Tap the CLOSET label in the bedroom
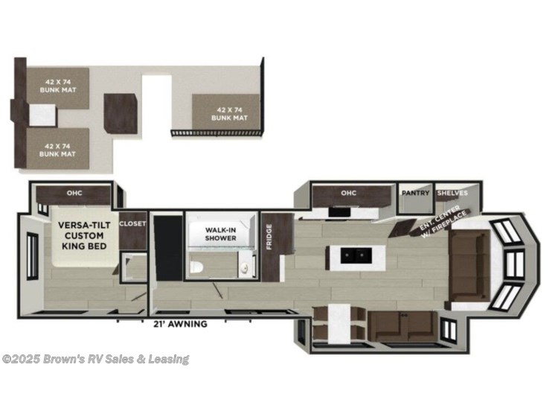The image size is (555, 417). [132, 223]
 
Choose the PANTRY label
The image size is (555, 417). [415, 193]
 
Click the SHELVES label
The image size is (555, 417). [452, 193]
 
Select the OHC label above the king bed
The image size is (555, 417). [74, 194]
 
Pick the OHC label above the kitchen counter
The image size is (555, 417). [349, 194]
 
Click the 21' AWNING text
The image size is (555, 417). [180, 325]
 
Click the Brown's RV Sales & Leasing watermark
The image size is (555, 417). [95, 360]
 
